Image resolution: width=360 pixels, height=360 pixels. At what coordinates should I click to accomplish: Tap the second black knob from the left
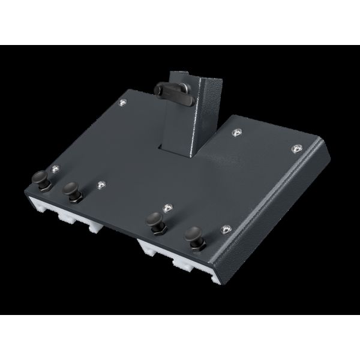[71, 191]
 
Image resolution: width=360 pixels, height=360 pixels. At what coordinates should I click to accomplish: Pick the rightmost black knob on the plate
[194, 235]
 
